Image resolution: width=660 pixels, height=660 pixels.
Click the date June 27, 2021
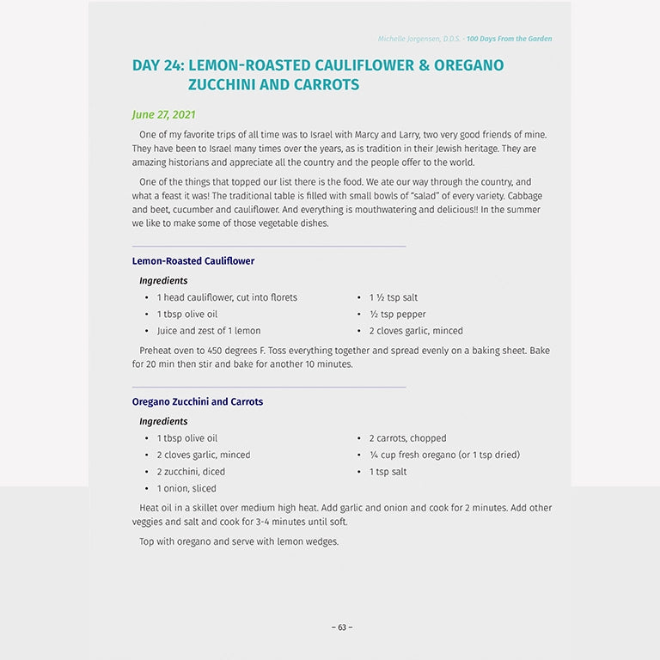(x=163, y=114)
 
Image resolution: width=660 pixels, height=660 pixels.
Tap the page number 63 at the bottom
(x=342, y=627)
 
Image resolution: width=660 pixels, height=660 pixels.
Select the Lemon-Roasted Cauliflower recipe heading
(x=193, y=261)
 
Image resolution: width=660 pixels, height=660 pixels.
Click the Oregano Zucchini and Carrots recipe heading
(x=198, y=402)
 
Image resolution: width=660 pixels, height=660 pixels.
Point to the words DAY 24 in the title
(x=157, y=65)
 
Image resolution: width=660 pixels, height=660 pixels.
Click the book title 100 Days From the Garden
(x=510, y=39)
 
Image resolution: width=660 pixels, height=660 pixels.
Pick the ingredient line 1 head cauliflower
(x=227, y=297)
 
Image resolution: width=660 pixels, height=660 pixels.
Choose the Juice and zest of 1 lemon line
(x=209, y=331)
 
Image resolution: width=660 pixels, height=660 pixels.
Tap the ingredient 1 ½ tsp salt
(x=394, y=297)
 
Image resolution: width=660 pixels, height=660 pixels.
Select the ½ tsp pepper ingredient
(x=397, y=315)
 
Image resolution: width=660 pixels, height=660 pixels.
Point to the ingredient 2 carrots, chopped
(x=407, y=438)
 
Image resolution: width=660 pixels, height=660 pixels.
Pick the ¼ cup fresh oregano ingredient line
(x=444, y=455)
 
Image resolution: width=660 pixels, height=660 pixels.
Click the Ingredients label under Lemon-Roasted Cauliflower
(x=163, y=281)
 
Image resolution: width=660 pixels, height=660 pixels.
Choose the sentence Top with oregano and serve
(x=238, y=542)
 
